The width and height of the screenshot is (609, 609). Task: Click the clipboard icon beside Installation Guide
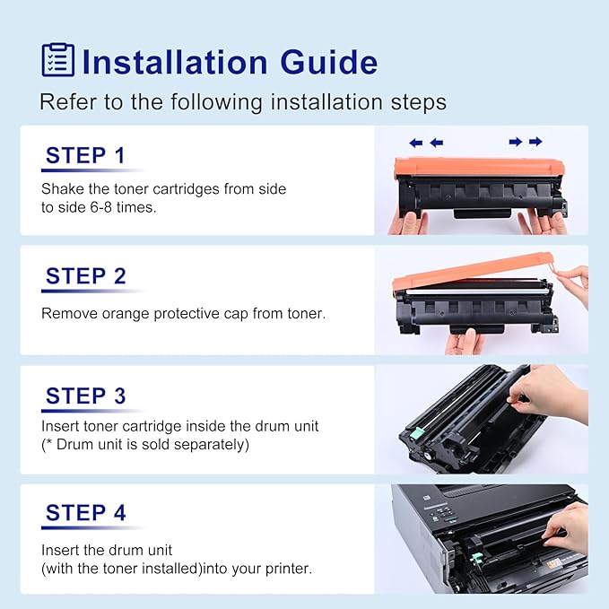pyautogui.click(x=58, y=59)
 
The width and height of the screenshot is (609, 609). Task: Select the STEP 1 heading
pyautogui.click(x=86, y=155)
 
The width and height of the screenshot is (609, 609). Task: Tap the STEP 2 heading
pyautogui.click(x=86, y=276)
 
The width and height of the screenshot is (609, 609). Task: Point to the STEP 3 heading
pyautogui.click(x=86, y=396)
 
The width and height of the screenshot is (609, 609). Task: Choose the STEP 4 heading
pyautogui.click(x=86, y=513)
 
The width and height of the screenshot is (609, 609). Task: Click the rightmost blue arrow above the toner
pyautogui.click(x=535, y=142)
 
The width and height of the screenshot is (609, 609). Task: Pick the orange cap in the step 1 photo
pyautogui.click(x=480, y=167)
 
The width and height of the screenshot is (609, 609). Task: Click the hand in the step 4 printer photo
pyautogui.click(x=568, y=528)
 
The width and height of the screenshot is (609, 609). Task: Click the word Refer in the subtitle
pyautogui.click(x=63, y=102)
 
